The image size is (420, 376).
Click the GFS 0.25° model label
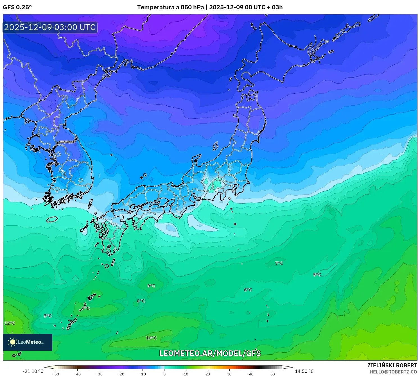(17, 7)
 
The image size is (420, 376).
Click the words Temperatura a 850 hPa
(170, 7)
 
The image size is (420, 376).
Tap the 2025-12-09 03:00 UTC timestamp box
(50, 27)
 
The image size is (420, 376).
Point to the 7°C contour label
(279, 263)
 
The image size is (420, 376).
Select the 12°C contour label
(10, 323)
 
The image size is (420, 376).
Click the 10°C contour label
(151, 338)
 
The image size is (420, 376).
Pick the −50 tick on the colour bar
(56, 374)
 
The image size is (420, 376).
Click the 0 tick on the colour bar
(164, 374)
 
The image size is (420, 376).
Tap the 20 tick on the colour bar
(208, 374)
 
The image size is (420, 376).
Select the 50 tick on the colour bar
(273, 374)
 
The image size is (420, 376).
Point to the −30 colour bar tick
(99, 374)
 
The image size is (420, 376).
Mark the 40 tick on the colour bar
(251, 374)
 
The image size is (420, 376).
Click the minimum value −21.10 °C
(33, 371)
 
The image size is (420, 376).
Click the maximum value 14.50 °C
(304, 371)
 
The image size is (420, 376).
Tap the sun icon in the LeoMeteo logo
(12, 342)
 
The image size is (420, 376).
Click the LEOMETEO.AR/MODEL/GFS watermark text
(210, 353)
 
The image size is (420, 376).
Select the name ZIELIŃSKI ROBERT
(392, 365)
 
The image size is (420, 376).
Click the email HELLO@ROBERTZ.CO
(393, 372)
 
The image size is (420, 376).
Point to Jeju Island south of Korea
(52, 219)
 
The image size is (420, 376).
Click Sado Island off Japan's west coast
(215, 146)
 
